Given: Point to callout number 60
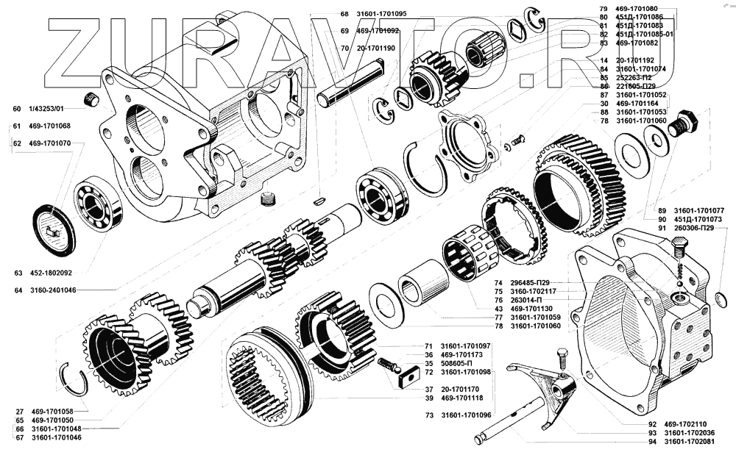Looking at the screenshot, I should (17, 109).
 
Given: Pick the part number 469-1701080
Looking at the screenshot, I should (638, 8).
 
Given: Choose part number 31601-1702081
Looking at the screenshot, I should (689, 442).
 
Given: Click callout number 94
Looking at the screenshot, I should (652, 442).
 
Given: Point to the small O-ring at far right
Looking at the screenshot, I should (721, 298).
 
